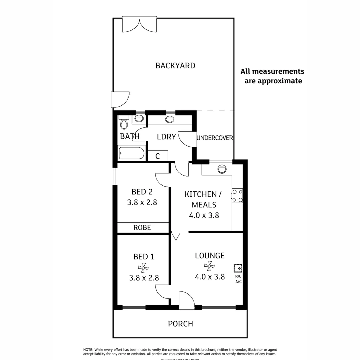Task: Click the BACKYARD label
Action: (175, 66)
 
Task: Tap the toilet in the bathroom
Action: (124, 123)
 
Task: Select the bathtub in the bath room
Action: (132, 154)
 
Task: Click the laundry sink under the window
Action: (170, 119)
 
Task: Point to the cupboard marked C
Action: (158, 156)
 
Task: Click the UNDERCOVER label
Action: (215, 138)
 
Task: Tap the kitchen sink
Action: (222, 169)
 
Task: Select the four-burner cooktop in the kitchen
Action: (237, 196)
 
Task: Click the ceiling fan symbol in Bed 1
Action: (143, 267)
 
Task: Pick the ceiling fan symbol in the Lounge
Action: (209, 266)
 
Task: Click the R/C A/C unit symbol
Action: (238, 268)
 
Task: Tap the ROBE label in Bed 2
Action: (142, 228)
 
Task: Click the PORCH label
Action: (180, 324)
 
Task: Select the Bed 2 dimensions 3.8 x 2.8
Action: (142, 202)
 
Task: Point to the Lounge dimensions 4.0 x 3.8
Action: (209, 277)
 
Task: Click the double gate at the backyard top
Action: (139, 25)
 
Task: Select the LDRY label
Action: (166, 136)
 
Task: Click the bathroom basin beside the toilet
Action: (139, 118)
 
